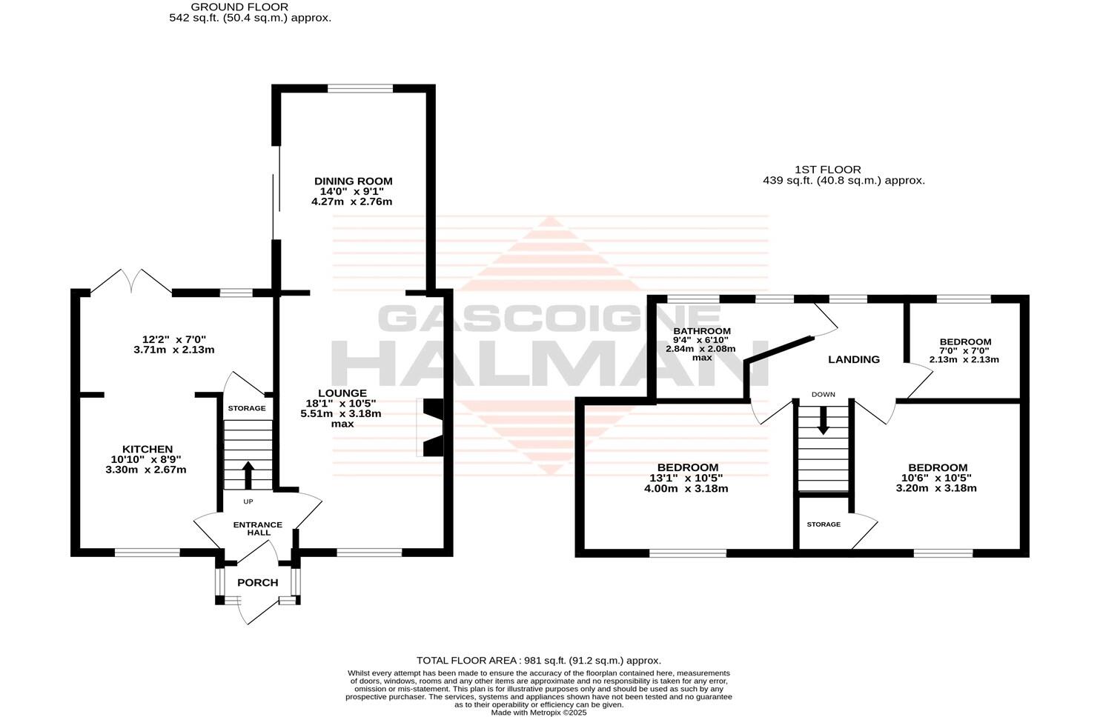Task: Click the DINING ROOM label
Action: [x=353, y=181]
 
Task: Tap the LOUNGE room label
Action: [x=342, y=393]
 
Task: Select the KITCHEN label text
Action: [x=148, y=449]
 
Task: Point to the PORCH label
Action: [x=257, y=583]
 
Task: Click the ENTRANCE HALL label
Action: [x=257, y=529]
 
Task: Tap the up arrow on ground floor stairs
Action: [x=248, y=475]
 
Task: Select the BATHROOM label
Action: [x=701, y=331]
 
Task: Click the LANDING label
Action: [x=853, y=359]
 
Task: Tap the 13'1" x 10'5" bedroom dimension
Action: [x=687, y=478]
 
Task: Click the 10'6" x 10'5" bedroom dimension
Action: [x=937, y=478]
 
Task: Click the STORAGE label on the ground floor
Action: [x=247, y=408]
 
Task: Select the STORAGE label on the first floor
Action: [x=824, y=524]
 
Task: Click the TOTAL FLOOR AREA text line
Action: [x=538, y=661]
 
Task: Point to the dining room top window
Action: [x=360, y=88]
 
